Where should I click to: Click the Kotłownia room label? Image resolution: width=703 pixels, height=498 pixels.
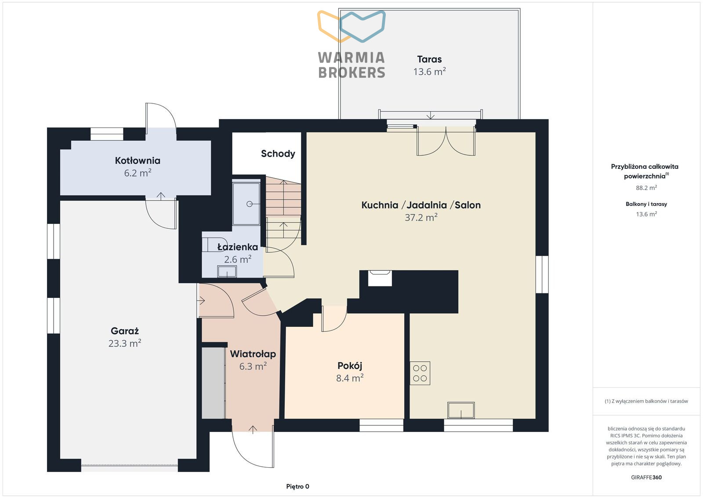[138, 161]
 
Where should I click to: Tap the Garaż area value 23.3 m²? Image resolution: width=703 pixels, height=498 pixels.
[125, 343]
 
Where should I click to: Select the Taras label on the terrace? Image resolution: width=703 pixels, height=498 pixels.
[429, 59]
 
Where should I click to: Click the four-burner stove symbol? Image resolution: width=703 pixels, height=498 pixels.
[420, 373]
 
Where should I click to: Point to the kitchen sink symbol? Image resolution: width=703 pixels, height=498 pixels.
[461, 410]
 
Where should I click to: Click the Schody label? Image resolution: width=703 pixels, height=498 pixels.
[278, 154]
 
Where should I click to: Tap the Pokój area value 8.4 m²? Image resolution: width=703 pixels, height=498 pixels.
[350, 378]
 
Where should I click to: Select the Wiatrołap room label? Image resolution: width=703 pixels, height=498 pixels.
[253, 354]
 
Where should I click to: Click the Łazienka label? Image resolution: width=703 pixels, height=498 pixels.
[238, 247]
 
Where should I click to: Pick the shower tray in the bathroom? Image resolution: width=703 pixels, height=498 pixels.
[246, 204]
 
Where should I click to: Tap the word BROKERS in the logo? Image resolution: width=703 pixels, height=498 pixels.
[351, 73]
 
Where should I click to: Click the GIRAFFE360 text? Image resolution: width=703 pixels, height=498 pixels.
[646, 477]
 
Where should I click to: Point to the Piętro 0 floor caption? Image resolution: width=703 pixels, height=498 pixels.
[297, 487]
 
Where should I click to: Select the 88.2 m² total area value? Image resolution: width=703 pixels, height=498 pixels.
[646, 187]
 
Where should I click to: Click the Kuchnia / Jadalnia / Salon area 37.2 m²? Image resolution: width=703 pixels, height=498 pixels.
[421, 217]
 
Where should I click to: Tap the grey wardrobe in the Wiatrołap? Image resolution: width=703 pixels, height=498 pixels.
[214, 383]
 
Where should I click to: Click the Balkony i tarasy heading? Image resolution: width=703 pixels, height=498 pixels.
[646, 204]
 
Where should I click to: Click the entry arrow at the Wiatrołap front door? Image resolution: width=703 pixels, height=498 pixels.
[253, 429]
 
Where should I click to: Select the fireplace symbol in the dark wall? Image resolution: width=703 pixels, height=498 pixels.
[380, 278]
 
